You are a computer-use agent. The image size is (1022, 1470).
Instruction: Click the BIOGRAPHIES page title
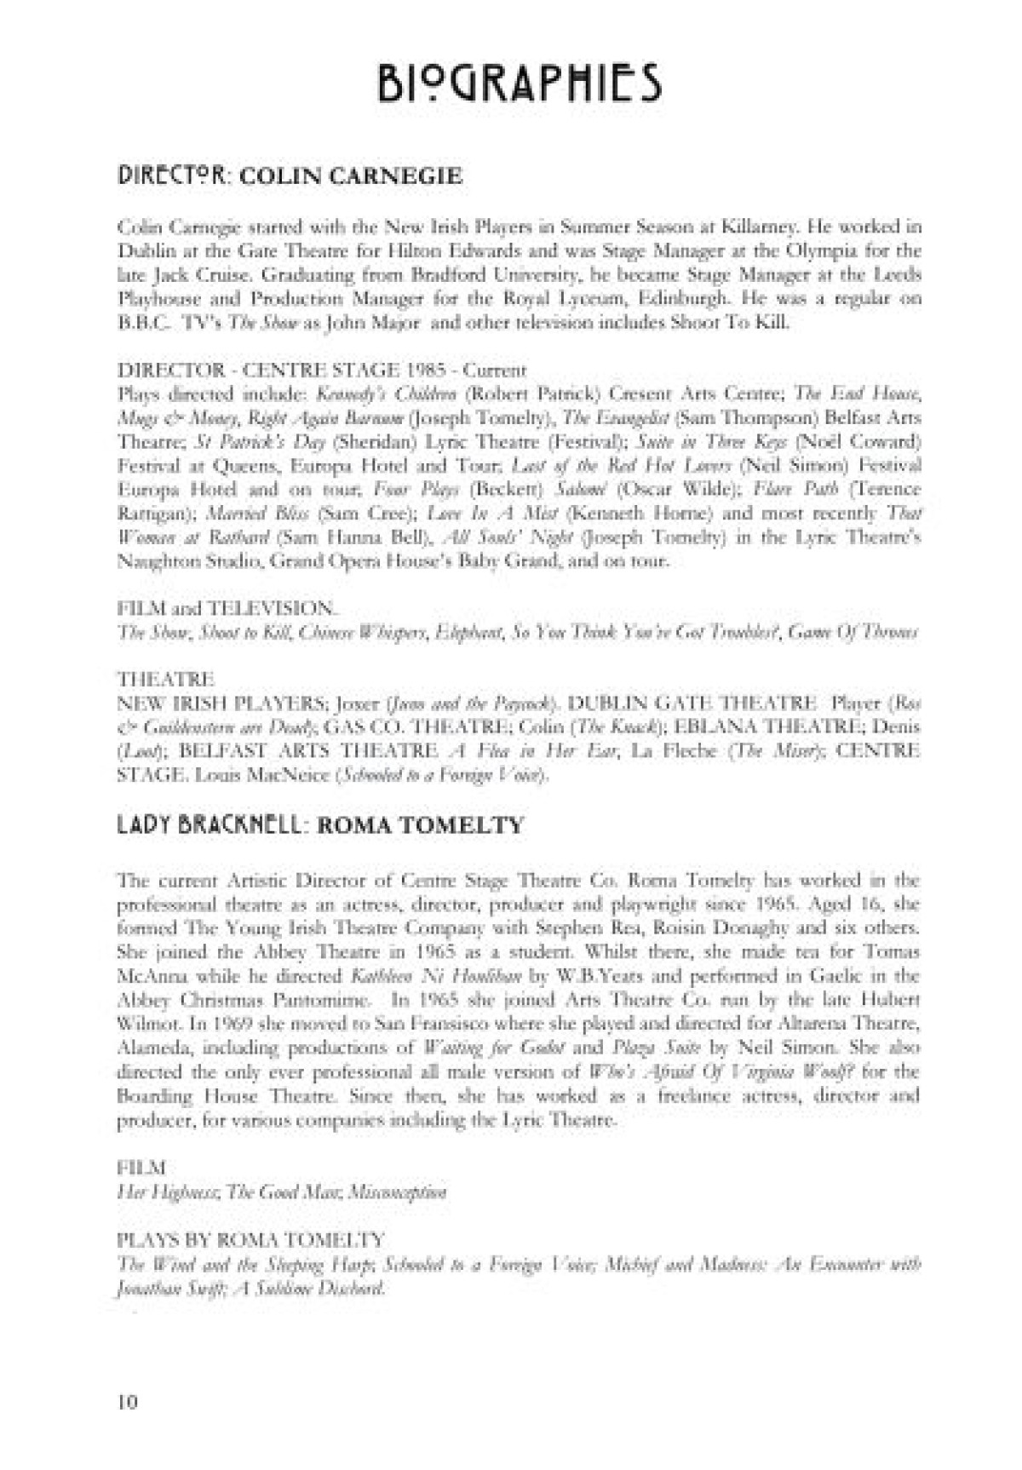(x=520, y=83)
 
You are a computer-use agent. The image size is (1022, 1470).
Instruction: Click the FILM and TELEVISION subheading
(x=227, y=608)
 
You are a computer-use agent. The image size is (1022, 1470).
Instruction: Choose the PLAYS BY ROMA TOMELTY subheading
(x=250, y=1238)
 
